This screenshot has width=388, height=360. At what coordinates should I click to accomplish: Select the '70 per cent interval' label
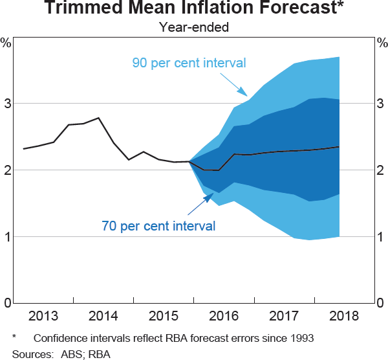point(158,226)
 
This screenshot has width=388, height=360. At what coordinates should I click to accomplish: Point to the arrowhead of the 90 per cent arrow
point(243,95)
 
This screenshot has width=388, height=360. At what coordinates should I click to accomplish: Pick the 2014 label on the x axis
point(103,316)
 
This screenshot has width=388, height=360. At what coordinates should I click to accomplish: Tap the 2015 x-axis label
point(164,316)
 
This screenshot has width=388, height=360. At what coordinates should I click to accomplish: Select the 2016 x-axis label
point(224,316)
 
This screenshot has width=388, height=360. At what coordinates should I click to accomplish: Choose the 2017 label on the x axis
point(283,316)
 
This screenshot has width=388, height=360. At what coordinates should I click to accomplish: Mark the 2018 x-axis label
point(343,316)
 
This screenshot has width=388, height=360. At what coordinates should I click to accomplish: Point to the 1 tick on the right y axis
point(382,237)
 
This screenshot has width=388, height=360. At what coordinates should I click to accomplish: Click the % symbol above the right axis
point(382,43)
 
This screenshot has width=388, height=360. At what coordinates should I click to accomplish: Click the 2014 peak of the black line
point(98,118)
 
